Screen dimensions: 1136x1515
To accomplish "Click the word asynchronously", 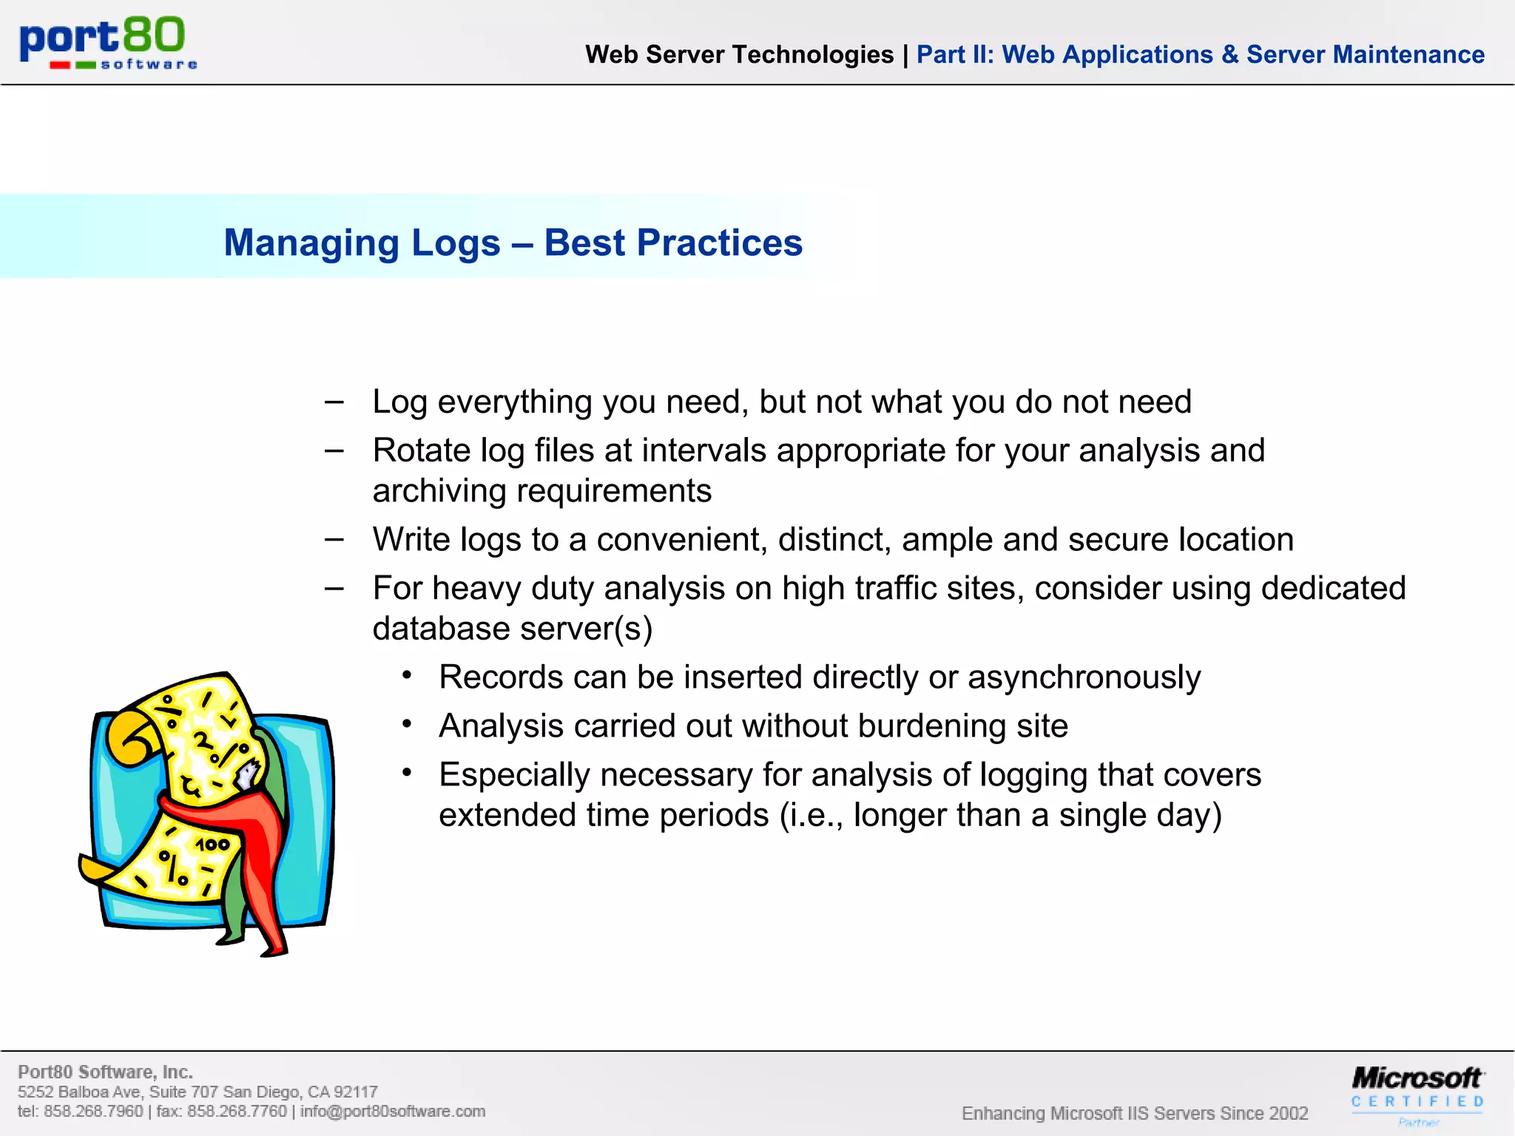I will coord(1084,677).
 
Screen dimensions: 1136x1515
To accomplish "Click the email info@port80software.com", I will coord(393,1112).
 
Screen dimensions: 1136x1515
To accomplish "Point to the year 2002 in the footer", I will coord(1287,1113).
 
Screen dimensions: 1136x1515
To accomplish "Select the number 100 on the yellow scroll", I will coord(212,844).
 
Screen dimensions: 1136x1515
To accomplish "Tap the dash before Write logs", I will coord(334,539).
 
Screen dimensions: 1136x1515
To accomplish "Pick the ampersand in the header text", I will coord(1229,55).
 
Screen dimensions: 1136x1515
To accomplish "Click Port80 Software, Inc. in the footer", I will coord(105,1072).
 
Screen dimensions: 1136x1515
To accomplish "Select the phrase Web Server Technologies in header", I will coord(739,55).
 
